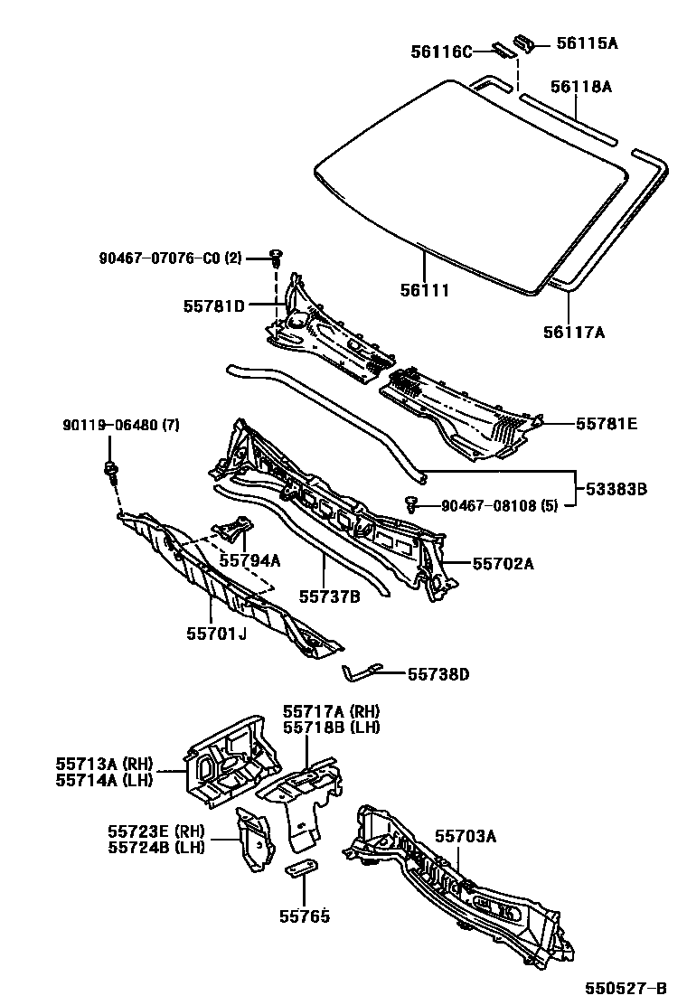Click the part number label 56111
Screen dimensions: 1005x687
pos(425,290)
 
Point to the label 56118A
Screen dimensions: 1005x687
pos(581,87)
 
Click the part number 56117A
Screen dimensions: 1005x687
pos(573,332)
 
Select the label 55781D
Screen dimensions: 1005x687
pos(213,305)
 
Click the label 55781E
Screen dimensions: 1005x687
pos(607,422)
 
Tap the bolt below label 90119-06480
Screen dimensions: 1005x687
pos(111,467)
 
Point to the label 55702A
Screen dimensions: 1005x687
pos(503,564)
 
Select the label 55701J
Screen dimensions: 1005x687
pos(217,633)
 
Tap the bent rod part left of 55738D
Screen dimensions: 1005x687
pos(361,672)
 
